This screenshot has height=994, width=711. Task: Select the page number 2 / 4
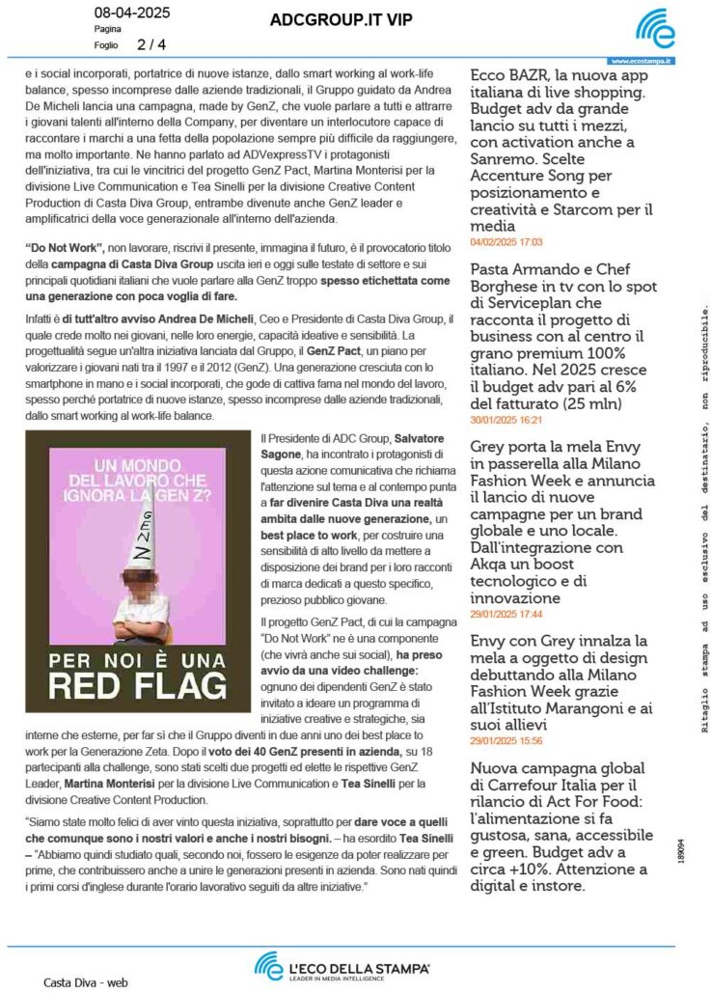[x=151, y=44]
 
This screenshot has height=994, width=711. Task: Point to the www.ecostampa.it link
[x=642, y=61]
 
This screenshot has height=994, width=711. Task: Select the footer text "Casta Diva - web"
[x=85, y=982]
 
